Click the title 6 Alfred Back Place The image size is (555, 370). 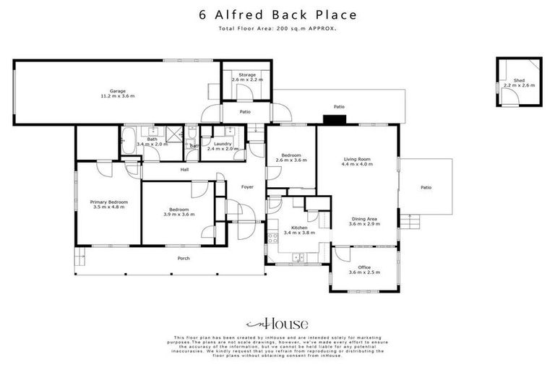pos(277,14)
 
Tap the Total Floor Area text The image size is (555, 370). pos(277,28)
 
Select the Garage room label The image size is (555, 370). pos(118,91)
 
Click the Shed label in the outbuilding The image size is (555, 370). pos(519,80)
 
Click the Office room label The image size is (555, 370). pos(363,267)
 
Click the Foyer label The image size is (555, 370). pos(247,187)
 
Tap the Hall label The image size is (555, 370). pos(184,170)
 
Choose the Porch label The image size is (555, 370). pos(184,258)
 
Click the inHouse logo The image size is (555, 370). pos(277,324)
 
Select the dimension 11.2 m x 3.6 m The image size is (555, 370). pos(118,96)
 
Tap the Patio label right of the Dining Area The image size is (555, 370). pos(426,188)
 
